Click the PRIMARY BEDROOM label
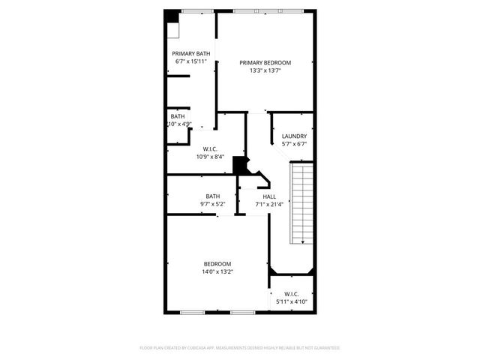click(265, 63)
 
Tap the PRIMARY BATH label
click(191, 53)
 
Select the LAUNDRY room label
click(294, 136)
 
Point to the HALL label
click(268, 196)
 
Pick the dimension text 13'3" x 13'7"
click(265, 70)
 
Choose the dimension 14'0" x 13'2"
click(217, 271)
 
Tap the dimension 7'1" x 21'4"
click(268, 204)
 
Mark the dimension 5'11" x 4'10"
click(292, 301)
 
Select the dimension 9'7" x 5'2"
click(213, 204)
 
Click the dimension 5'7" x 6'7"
click(294, 143)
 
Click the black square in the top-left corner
click(172, 16)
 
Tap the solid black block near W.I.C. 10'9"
click(240, 165)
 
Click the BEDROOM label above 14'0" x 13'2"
click(217, 263)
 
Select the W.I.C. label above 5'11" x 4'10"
click(292, 293)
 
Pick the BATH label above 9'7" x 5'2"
click(213, 196)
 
